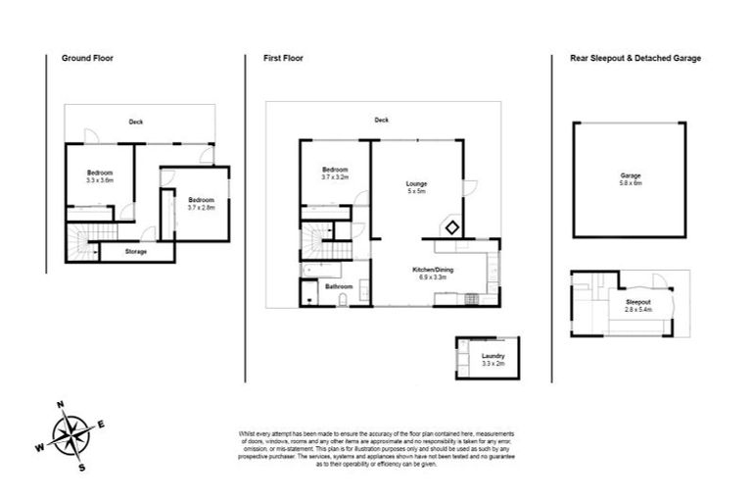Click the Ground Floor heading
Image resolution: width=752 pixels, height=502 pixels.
click(87, 58)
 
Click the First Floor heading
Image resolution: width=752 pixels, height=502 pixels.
click(283, 58)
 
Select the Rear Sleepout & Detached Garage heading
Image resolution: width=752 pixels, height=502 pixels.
click(635, 58)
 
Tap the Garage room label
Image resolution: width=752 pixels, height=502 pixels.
click(630, 176)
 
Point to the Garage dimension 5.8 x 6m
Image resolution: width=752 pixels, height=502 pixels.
click(630, 183)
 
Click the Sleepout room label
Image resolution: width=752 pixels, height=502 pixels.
click(638, 302)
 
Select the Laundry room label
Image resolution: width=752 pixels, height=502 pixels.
click(492, 355)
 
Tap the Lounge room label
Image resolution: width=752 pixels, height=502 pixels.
click(417, 183)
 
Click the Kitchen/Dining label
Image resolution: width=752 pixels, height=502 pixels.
click(432, 269)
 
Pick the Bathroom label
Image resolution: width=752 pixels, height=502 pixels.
click(339, 286)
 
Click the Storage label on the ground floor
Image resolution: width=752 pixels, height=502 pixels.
click(136, 252)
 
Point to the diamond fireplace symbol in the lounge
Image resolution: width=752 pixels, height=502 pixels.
click(452, 227)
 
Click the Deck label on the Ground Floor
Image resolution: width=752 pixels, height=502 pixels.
click(136, 122)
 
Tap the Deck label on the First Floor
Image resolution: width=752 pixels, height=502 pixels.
click(381, 121)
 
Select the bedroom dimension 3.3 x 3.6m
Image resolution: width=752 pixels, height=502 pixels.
click(100, 179)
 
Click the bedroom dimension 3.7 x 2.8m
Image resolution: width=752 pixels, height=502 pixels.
click(202, 207)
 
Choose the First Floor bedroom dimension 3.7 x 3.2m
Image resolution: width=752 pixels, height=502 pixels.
click(335, 176)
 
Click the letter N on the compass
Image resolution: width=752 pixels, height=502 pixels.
click(60, 405)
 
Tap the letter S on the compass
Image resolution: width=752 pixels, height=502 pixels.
click(82, 468)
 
